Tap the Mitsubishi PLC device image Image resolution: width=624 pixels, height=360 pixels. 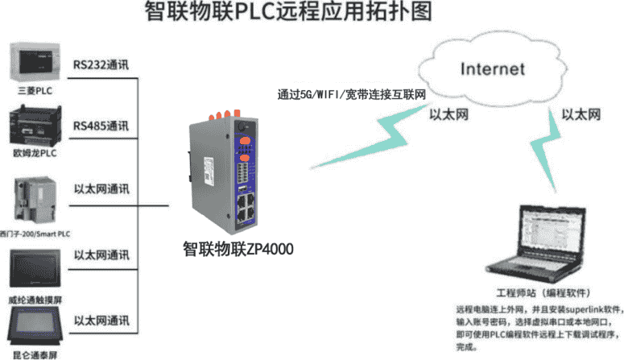pyautogui.click(x=34, y=61)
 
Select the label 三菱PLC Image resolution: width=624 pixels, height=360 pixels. pyautogui.click(x=34, y=90)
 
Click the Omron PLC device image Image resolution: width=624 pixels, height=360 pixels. pyautogui.click(x=34, y=125)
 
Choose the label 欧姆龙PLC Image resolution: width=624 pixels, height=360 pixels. pyautogui.click(x=34, y=151)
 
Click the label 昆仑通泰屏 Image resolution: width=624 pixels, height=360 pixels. pyautogui.click(x=34, y=354)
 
